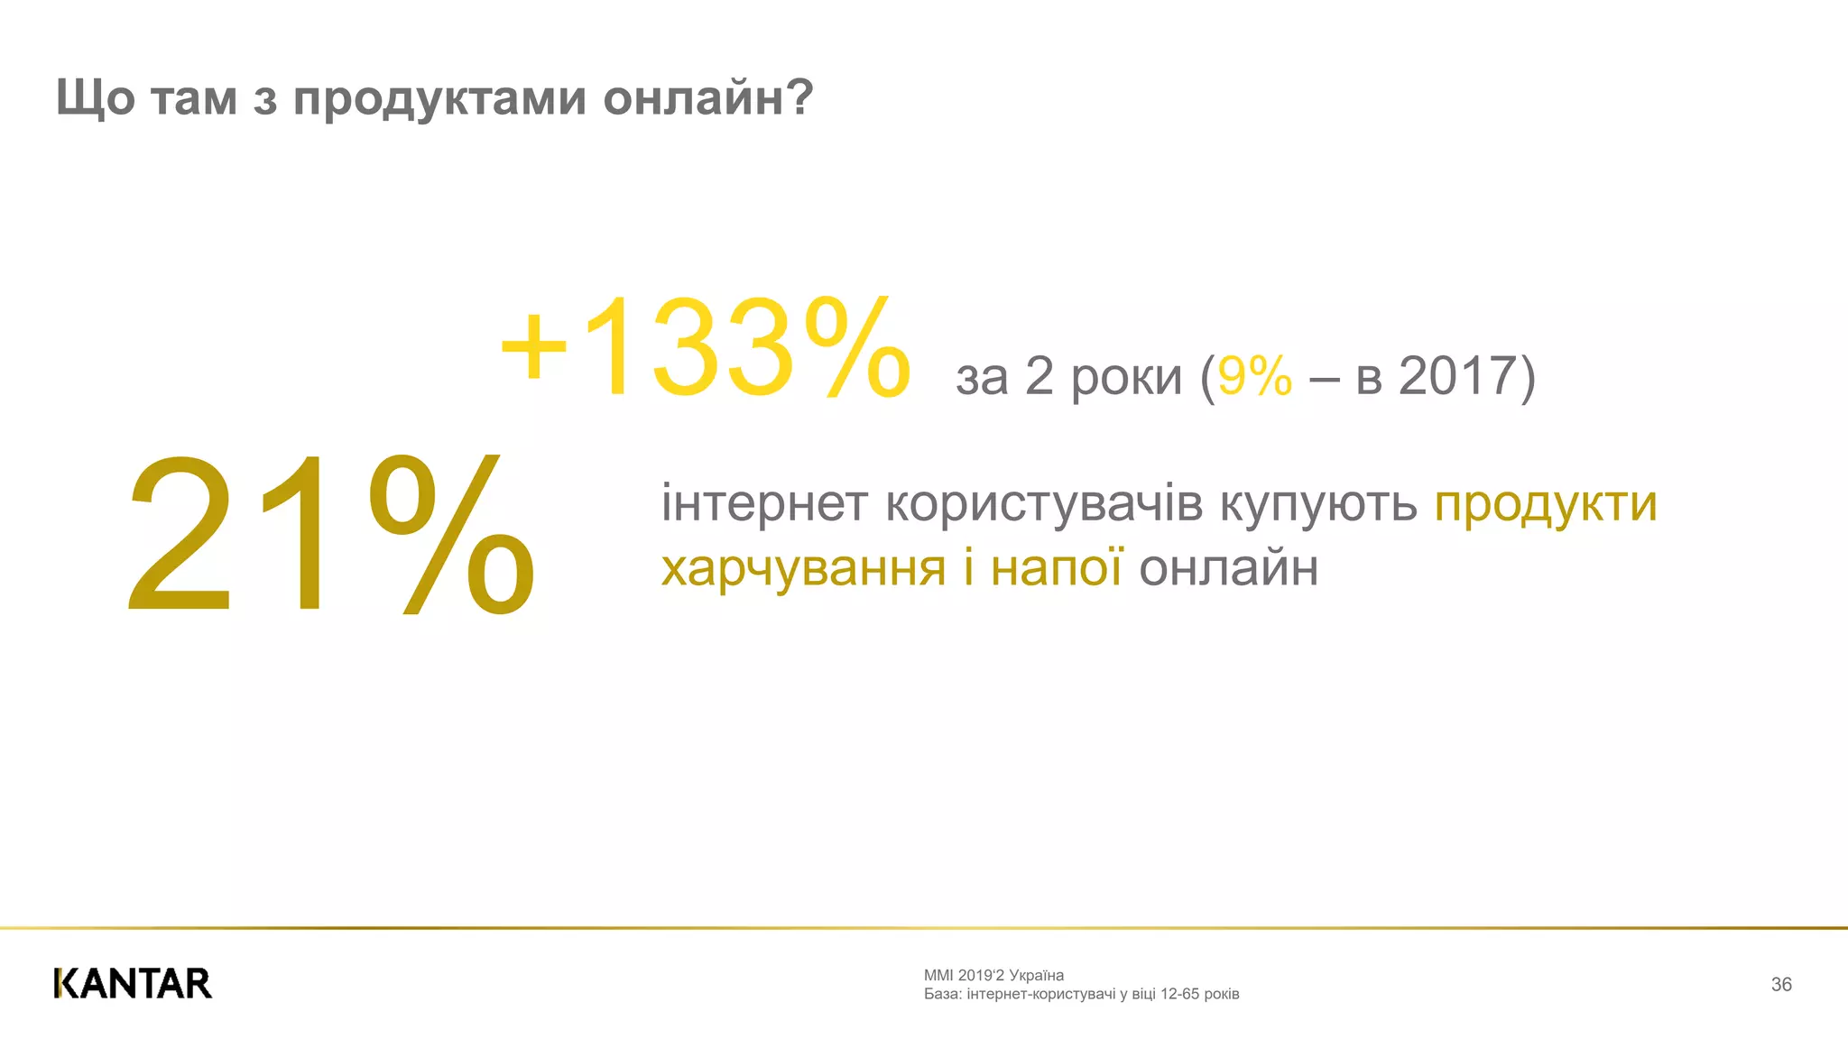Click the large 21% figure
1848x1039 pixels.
point(330,534)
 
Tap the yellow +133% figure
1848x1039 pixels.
point(705,348)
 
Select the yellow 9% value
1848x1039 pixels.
point(1254,376)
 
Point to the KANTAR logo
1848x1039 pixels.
point(133,983)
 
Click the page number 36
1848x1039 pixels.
point(1780,984)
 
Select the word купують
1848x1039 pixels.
point(1318,505)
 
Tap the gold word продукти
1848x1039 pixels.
point(1546,505)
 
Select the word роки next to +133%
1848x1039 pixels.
point(1126,378)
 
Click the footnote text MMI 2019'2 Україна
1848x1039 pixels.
point(993,975)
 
